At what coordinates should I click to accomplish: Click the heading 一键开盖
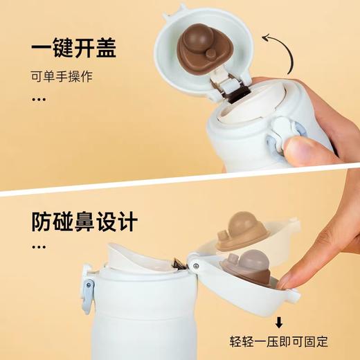click(x=73, y=48)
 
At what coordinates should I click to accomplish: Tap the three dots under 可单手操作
click(x=39, y=99)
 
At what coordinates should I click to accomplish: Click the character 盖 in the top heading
click(x=104, y=48)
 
